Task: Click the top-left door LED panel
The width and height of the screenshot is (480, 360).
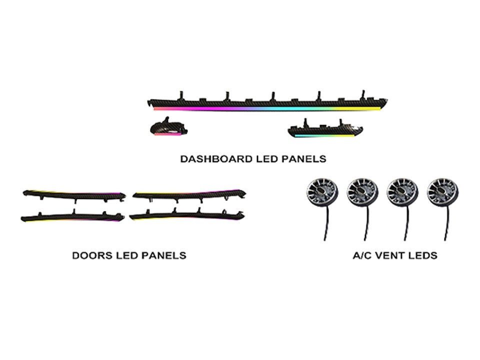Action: click(74, 195)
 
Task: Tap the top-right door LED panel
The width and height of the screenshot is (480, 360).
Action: click(189, 195)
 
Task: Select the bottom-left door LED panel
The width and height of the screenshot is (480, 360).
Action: click(72, 216)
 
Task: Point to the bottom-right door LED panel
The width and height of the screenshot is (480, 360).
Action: click(187, 215)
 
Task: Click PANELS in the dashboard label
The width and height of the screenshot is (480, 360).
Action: click(303, 159)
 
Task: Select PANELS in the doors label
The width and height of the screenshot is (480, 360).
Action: click(164, 255)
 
